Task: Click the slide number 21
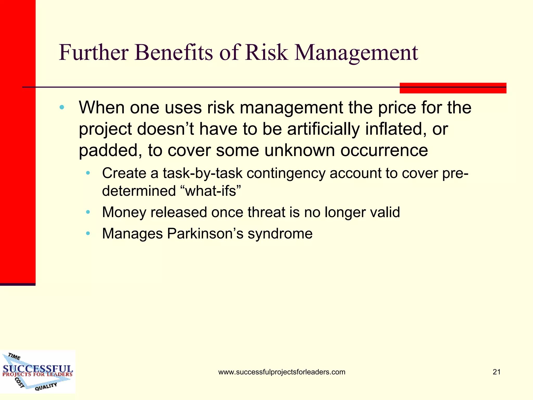tap(497, 372)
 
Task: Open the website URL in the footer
tap(282, 372)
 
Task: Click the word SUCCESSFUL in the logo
tap(38, 369)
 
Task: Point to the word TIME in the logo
tap(14, 356)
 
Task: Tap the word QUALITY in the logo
tap(46, 386)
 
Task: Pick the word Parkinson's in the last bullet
tap(205, 233)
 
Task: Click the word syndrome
tap(280, 234)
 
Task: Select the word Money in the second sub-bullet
tap(124, 213)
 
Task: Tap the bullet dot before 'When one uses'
tap(62, 107)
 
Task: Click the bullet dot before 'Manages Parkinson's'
tap(88, 234)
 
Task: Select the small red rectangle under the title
tap(453, 88)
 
